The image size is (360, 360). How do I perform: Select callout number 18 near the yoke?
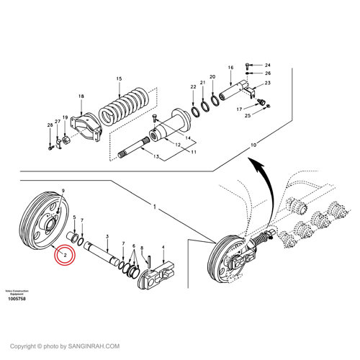pos(81,96)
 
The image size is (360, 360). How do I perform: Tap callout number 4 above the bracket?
pos(164,247)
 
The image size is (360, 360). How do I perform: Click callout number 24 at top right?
pos(267,66)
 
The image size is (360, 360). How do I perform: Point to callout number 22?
pos(193,87)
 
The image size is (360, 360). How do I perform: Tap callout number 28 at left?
pos(50,126)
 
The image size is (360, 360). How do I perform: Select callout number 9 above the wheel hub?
pos(64,189)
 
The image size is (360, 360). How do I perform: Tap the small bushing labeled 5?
pos(73,235)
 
